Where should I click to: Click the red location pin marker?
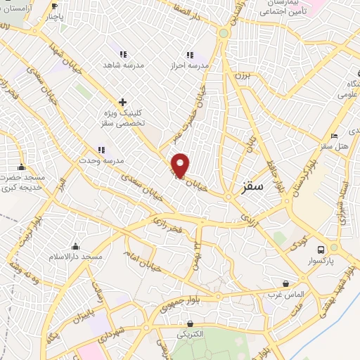tap(181, 165)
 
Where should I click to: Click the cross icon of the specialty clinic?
tap(122, 102)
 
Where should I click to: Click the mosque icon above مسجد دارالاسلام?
tap(75, 246)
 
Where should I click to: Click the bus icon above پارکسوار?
tap(321, 249)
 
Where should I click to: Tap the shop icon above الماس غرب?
tap(285, 283)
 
